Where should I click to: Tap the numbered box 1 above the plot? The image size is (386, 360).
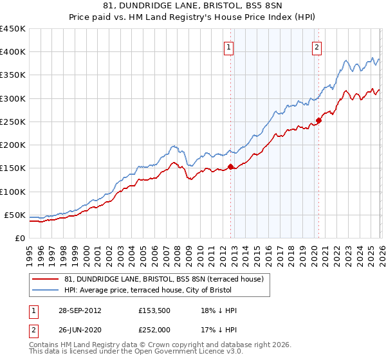tap(229, 46)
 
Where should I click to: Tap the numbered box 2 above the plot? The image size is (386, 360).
tap(317, 46)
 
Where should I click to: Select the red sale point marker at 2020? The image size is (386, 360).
tap(319, 121)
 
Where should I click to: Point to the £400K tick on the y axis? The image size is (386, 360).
tap(13, 52)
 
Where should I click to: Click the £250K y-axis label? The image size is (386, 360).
tap(13, 122)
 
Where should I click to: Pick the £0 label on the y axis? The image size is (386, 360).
tap(19, 239)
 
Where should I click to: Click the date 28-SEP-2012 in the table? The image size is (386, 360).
tap(78, 310)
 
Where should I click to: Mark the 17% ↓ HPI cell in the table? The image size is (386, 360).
tap(219, 330)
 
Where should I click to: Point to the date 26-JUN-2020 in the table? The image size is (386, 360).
tap(78, 330)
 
